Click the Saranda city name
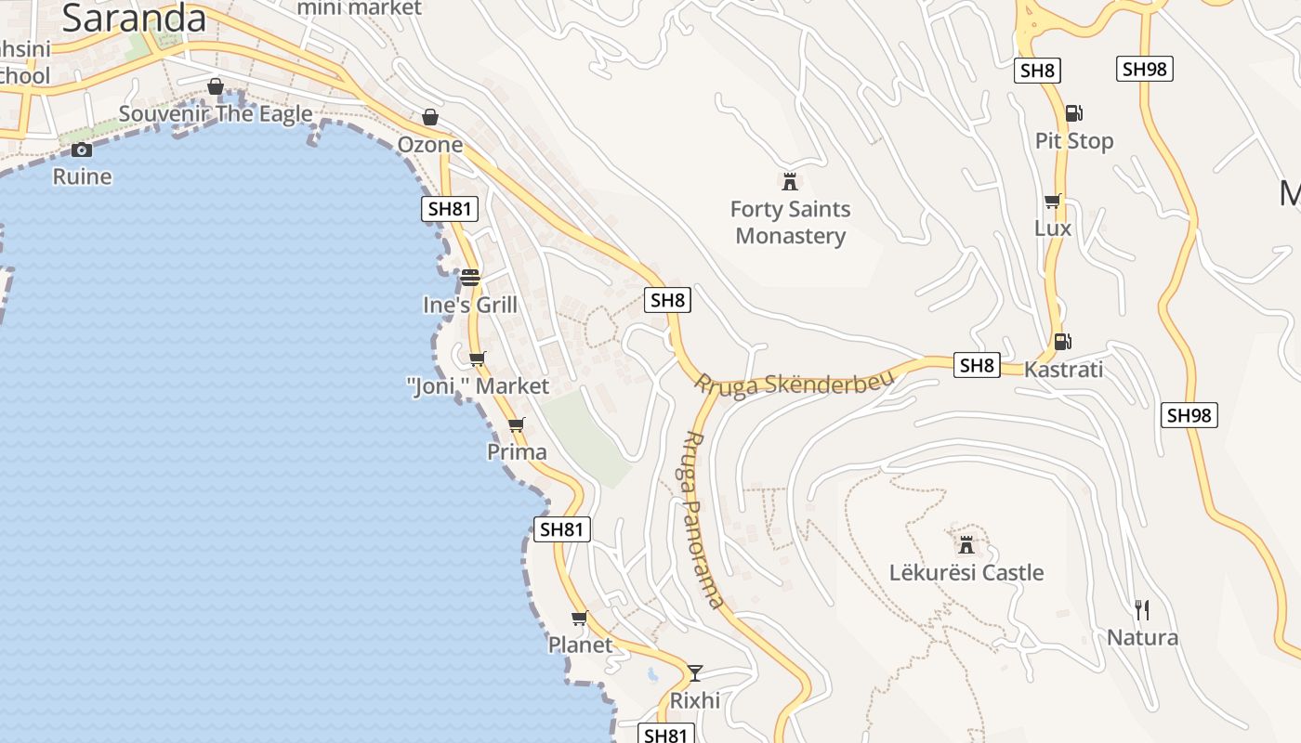click(134, 19)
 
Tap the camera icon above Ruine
click(82, 150)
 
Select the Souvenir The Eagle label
click(216, 114)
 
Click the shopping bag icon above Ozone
click(429, 117)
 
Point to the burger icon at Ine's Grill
click(470, 277)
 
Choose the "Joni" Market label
click(479, 385)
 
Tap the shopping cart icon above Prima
click(517, 425)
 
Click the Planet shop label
click(580, 645)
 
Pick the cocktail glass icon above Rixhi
click(695, 672)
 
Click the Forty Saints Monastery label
click(790, 222)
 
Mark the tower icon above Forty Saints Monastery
click(790, 181)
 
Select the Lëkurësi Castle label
click(966, 572)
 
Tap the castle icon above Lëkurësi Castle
click(966, 544)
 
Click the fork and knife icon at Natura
click(1142, 610)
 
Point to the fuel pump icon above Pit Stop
click(1073, 113)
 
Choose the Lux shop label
click(1053, 228)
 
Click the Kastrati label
click(1063, 370)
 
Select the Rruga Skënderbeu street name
click(795, 384)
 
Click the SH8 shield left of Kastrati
click(977, 365)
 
